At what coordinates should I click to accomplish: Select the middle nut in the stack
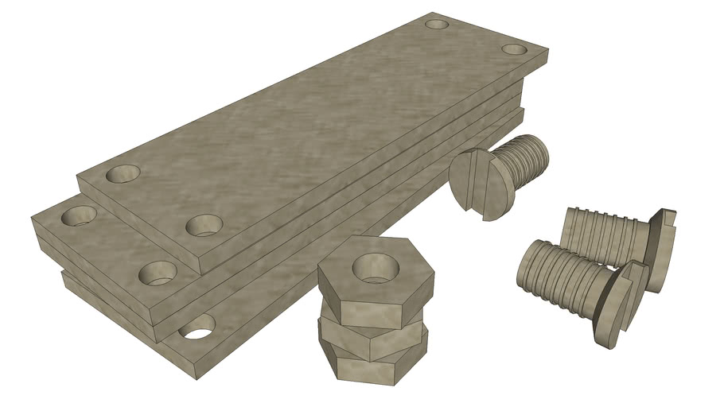pyautogui.click(x=374, y=332)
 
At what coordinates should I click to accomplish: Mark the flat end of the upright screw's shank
pyautogui.click(x=538, y=151)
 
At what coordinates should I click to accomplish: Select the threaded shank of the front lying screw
pyautogui.click(x=565, y=275)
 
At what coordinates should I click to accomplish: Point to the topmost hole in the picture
pyautogui.click(x=437, y=24)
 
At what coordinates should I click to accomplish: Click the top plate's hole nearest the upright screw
pyautogui.click(x=514, y=49)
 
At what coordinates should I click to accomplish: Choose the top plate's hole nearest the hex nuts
pyautogui.click(x=204, y=225)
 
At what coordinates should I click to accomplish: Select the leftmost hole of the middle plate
pyautogui.click(x=79, y=215)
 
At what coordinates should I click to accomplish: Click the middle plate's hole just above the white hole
pyautogui.click(x=158, y=273)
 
